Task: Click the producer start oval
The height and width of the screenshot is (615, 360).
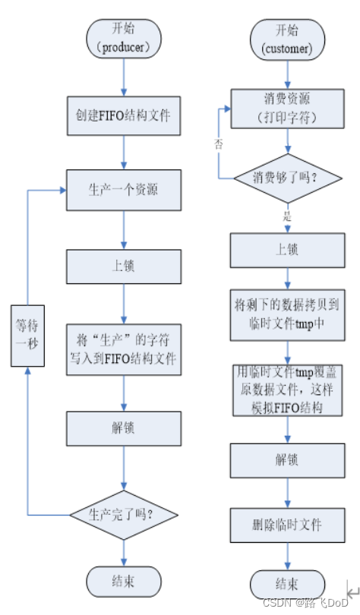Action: pos(124,38)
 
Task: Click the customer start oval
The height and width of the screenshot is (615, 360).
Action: pos(286,38)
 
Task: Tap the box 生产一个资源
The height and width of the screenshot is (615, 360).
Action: pos(124,190)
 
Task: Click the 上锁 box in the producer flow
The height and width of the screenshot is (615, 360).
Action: pos(124,266)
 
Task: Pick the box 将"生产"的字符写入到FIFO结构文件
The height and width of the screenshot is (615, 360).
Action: pos(124,350)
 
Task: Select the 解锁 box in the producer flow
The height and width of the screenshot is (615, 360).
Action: pos(124,428)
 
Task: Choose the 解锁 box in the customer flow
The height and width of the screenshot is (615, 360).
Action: pos(286,459)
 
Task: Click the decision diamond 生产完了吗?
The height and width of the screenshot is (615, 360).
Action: pos(124,515)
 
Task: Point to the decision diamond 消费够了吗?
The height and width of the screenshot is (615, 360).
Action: pos(286,178)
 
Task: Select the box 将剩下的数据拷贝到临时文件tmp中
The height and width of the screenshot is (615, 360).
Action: pos(286,314)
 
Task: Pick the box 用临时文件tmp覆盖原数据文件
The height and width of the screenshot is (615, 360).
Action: pos(286,389)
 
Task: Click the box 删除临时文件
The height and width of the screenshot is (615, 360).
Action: pos(286,524)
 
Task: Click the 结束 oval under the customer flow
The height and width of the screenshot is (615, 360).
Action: pos(286,585)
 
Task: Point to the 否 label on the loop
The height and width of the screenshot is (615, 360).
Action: pos(219,142)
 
